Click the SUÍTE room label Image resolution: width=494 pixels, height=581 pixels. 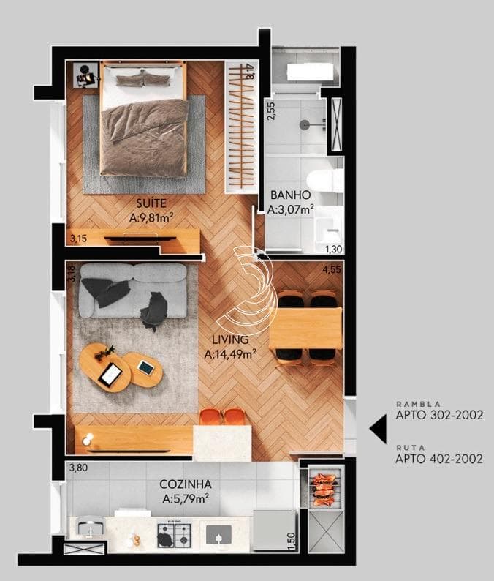click(x=151, y=203)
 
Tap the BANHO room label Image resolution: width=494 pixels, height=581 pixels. click(x=290, y=195)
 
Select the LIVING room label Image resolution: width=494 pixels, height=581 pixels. click(x=230, y=340)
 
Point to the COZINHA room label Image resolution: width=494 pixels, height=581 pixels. click(x=186, y=484)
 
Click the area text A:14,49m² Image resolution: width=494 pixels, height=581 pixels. click(x=230, y=354)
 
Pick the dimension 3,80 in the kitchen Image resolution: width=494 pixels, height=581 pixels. click(x=78, y=468)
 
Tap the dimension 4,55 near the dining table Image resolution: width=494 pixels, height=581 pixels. click(x=332, y=269)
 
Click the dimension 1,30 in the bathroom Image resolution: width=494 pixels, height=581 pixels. click(x=333, y=250)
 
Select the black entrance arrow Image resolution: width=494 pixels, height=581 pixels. click(x=378, y=428)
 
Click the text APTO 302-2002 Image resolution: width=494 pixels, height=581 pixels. click(x=439, y=415)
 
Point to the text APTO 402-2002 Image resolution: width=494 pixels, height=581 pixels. click(x=439, y=459)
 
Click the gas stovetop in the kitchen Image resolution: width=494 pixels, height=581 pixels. click(x=175, y=536)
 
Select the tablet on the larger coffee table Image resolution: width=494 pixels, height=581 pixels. click(x=110, y=373)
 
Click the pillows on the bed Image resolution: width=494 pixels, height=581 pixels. click(x=142, y=80)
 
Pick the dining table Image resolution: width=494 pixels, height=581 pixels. click(x=305, y=328)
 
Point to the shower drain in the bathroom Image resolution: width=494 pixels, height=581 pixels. click(x=304, y=125)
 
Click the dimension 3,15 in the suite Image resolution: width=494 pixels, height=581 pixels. click(x=78, y=239)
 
